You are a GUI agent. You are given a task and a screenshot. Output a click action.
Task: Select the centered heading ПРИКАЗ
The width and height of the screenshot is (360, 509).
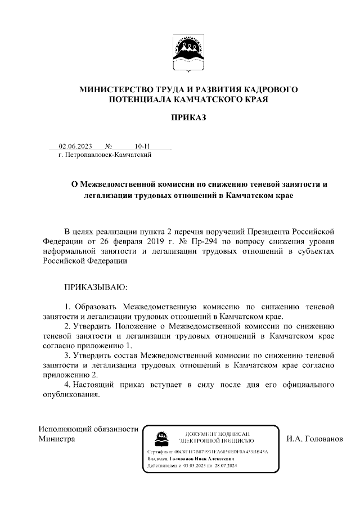click(188, 118)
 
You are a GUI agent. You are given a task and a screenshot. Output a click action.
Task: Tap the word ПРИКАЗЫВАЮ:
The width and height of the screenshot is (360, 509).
click(96, 287)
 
